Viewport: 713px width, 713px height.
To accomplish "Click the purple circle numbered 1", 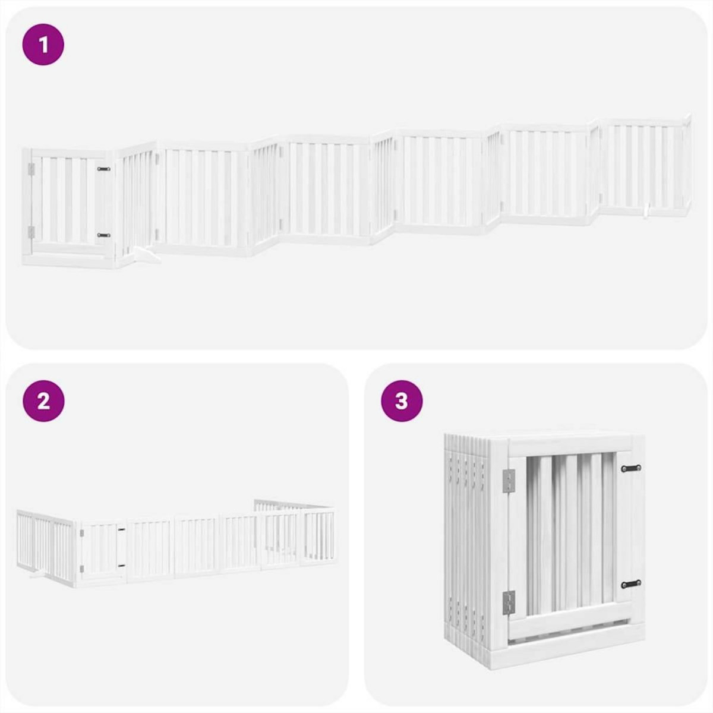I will pos(43,44).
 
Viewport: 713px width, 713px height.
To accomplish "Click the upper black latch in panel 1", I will pos(104,169).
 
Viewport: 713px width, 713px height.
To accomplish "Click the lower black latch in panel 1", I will pos(104,235).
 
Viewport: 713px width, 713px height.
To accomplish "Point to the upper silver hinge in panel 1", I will pos(31,170).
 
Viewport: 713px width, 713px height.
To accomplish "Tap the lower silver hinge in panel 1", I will pos(31,232).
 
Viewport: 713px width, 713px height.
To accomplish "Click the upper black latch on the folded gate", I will pos(630,469).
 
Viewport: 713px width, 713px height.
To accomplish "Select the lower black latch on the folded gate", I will pos(630,583).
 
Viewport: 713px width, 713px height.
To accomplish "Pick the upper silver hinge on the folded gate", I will pos(509,480).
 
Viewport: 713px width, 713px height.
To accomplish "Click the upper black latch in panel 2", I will pos(121,528).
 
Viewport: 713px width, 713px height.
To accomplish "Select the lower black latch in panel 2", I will pos(121,565).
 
